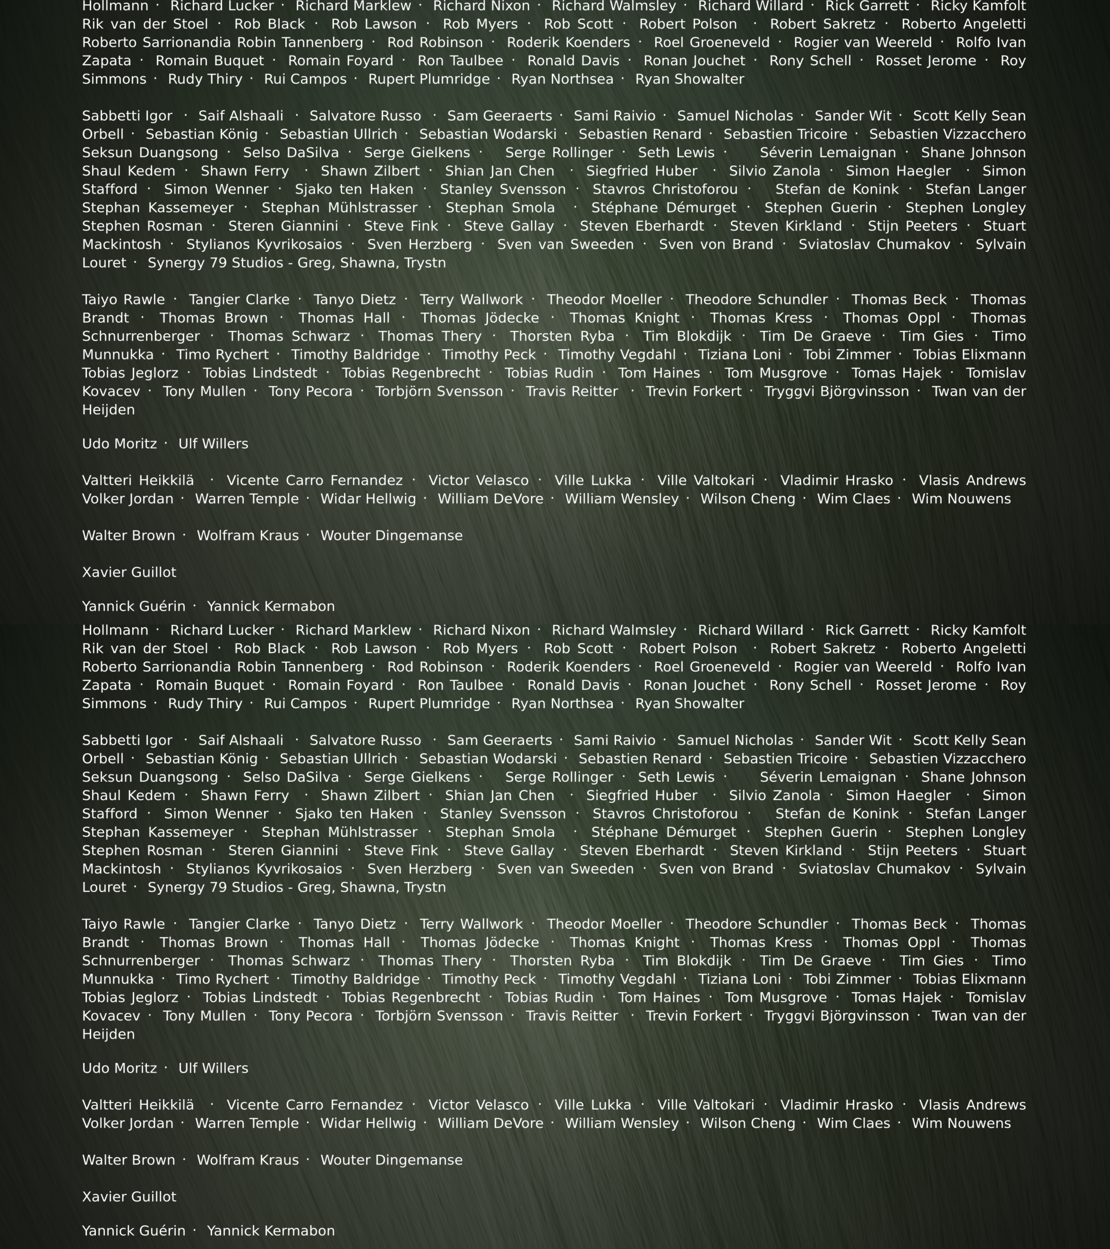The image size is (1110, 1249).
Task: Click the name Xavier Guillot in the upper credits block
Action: coord(129,572)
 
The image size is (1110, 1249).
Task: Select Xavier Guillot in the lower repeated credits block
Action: coord(129,1197)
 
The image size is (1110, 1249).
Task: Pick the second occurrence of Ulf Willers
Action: coord(213,1068)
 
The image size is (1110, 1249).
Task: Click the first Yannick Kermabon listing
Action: coord(271,606)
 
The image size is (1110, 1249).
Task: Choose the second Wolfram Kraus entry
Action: coord(248,1160)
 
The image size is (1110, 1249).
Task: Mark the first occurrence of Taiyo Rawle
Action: coord(123,299)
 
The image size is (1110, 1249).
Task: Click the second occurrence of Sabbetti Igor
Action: coord(127,740)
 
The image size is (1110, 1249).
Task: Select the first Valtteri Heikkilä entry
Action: coord(138,480)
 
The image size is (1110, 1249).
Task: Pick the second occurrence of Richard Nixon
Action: coord(481,630)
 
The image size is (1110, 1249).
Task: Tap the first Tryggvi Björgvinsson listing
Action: coord(836,391)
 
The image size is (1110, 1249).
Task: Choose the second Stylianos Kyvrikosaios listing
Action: coord(264,869)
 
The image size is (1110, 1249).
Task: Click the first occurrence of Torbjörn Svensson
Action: coord(439,391)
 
